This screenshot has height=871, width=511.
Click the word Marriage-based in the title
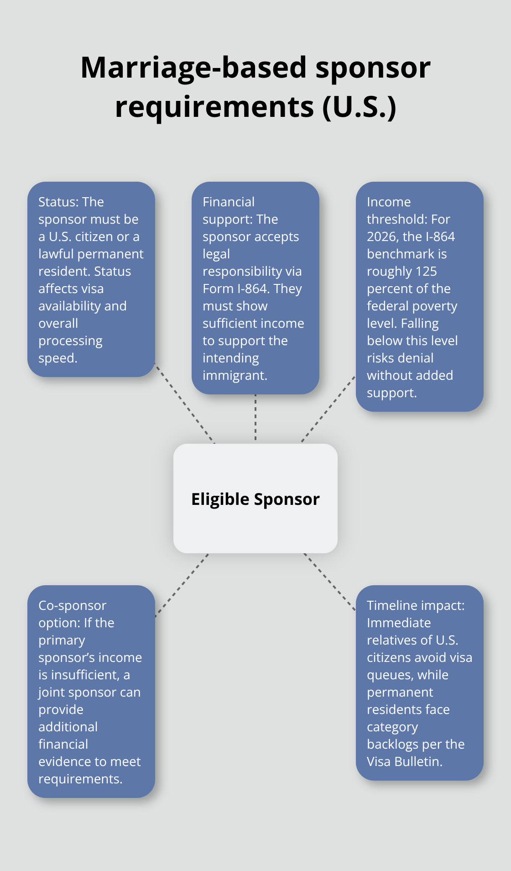[x=194, y=68]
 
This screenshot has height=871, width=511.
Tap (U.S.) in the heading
[x=359, y=107]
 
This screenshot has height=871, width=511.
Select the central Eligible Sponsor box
[x=255, y=498]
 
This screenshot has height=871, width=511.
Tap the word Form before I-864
[x=218, y=289]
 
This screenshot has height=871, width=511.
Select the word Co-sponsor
[x=72, y=605]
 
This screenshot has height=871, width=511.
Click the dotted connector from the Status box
[x=184, y=403]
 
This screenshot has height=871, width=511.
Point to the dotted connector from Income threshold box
[x=328, y=409]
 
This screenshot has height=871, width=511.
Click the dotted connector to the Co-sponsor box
[x=182, y=585]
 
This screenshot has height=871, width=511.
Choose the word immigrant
[x=235, y=375]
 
